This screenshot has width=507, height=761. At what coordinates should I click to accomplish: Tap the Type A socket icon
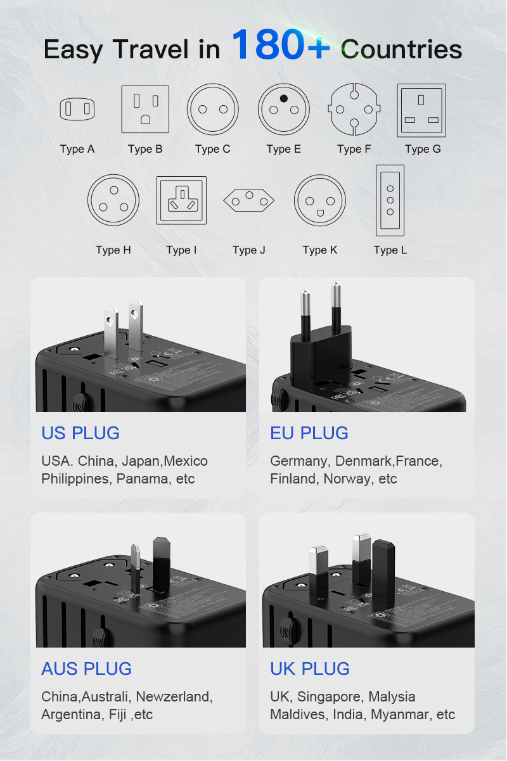(77, 110)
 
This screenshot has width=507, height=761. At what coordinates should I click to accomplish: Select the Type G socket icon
(421, 110)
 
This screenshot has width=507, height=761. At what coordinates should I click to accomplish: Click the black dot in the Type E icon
(284, 98)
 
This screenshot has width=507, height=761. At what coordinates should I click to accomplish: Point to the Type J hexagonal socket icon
(248, 201)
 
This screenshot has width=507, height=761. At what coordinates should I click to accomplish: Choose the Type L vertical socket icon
(390, 200)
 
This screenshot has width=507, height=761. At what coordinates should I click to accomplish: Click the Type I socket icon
(181, 200)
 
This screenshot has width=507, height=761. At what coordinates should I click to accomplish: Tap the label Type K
(319, 250)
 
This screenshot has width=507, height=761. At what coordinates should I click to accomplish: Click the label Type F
(354, 150)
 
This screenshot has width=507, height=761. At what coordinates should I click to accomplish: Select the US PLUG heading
(80, 433)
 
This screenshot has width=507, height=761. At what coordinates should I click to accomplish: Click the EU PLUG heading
(309, 433)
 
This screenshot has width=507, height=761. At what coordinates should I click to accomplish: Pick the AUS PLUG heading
(86, 669)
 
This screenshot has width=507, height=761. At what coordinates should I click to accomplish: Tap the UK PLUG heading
(310, 669)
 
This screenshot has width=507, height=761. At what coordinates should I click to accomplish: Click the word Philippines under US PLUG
(75, 479)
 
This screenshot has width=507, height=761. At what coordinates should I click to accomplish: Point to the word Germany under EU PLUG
(298, 461)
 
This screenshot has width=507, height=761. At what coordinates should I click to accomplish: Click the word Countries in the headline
(401, 49)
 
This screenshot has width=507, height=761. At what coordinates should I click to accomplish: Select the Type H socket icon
(113, 200)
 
